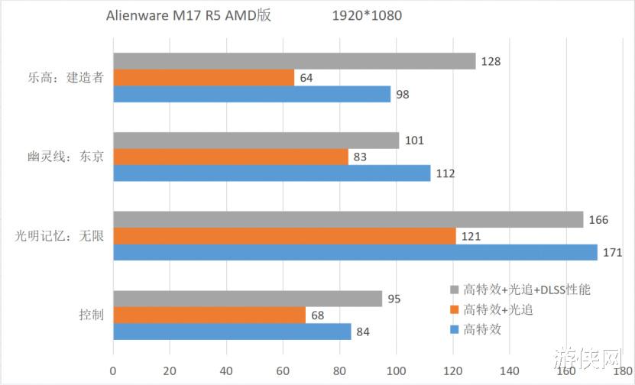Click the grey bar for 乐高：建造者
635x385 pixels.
click(x=294, y=61)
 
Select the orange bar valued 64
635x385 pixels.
click(x=203, y=78)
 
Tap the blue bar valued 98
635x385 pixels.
click(x=251, y=94)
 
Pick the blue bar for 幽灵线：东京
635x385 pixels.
click(x=271, y=173)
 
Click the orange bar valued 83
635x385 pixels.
click(x=230, y=157)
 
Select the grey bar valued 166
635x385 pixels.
click(x=348, y=220)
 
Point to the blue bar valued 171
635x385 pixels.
click(x=355, y=252)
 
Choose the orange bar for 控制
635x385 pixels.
click(x=209, y=315)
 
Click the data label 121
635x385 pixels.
click(x=471, y=237)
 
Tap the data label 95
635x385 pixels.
click(x=394, y=299)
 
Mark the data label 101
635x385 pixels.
click(x=414, y=141)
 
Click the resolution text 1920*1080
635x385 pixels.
click(x=367, y=15)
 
